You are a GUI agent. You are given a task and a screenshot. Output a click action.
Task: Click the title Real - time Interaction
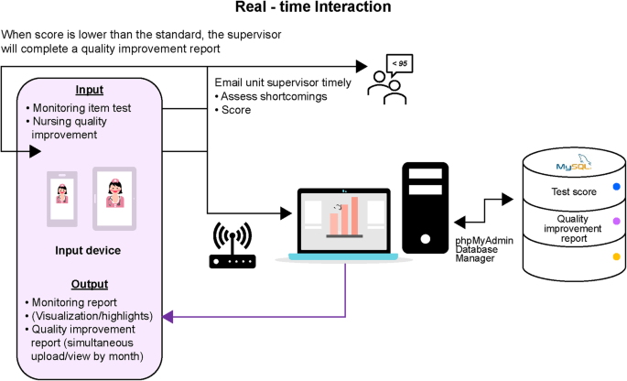(313, 8)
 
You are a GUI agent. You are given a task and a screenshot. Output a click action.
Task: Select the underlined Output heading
(91, 284)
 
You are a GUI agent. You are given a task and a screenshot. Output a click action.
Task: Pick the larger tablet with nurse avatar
(115, 198)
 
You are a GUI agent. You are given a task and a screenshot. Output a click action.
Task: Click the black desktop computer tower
(426, 207)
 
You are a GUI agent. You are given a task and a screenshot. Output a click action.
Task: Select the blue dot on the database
(615, 187)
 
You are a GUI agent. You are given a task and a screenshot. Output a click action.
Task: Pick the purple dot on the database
(615, 222)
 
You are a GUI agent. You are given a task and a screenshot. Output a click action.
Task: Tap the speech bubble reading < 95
(399, 64)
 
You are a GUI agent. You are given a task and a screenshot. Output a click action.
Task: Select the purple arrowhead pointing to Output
(168, 317)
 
